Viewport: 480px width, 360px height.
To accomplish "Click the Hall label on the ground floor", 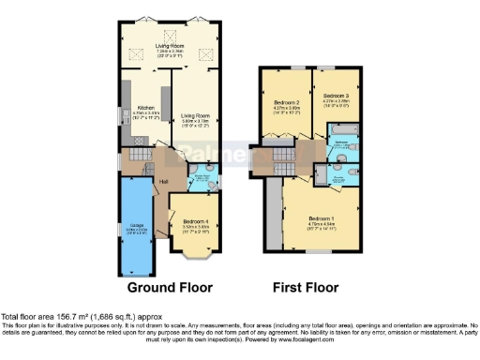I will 137,181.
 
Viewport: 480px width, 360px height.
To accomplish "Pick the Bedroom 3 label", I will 336,97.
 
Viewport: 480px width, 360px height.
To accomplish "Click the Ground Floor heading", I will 170,287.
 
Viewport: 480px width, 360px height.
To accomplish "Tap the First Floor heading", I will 306,287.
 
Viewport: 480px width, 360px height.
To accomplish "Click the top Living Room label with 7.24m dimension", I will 170,45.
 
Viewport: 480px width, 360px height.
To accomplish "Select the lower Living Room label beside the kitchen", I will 194,116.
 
